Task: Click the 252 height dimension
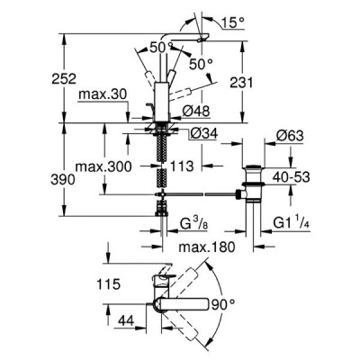point(64,79)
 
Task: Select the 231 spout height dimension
point(241,83)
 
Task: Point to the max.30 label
point(103,94)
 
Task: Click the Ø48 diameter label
point(196,112)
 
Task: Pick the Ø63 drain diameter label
point(290,136)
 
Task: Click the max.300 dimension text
point(103,166)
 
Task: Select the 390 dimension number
point(63,180)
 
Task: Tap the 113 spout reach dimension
point(182,166)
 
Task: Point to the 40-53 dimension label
point(292,177)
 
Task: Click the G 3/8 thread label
point(193,224)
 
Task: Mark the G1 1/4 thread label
point(292,224)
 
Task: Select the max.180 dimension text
point(207,247)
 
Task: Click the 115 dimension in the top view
point(108,283)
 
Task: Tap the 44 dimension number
point(126,321)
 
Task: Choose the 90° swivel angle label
point(223,305)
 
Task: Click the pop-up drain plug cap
point(254,166)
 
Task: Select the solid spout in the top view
point(181,304)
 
